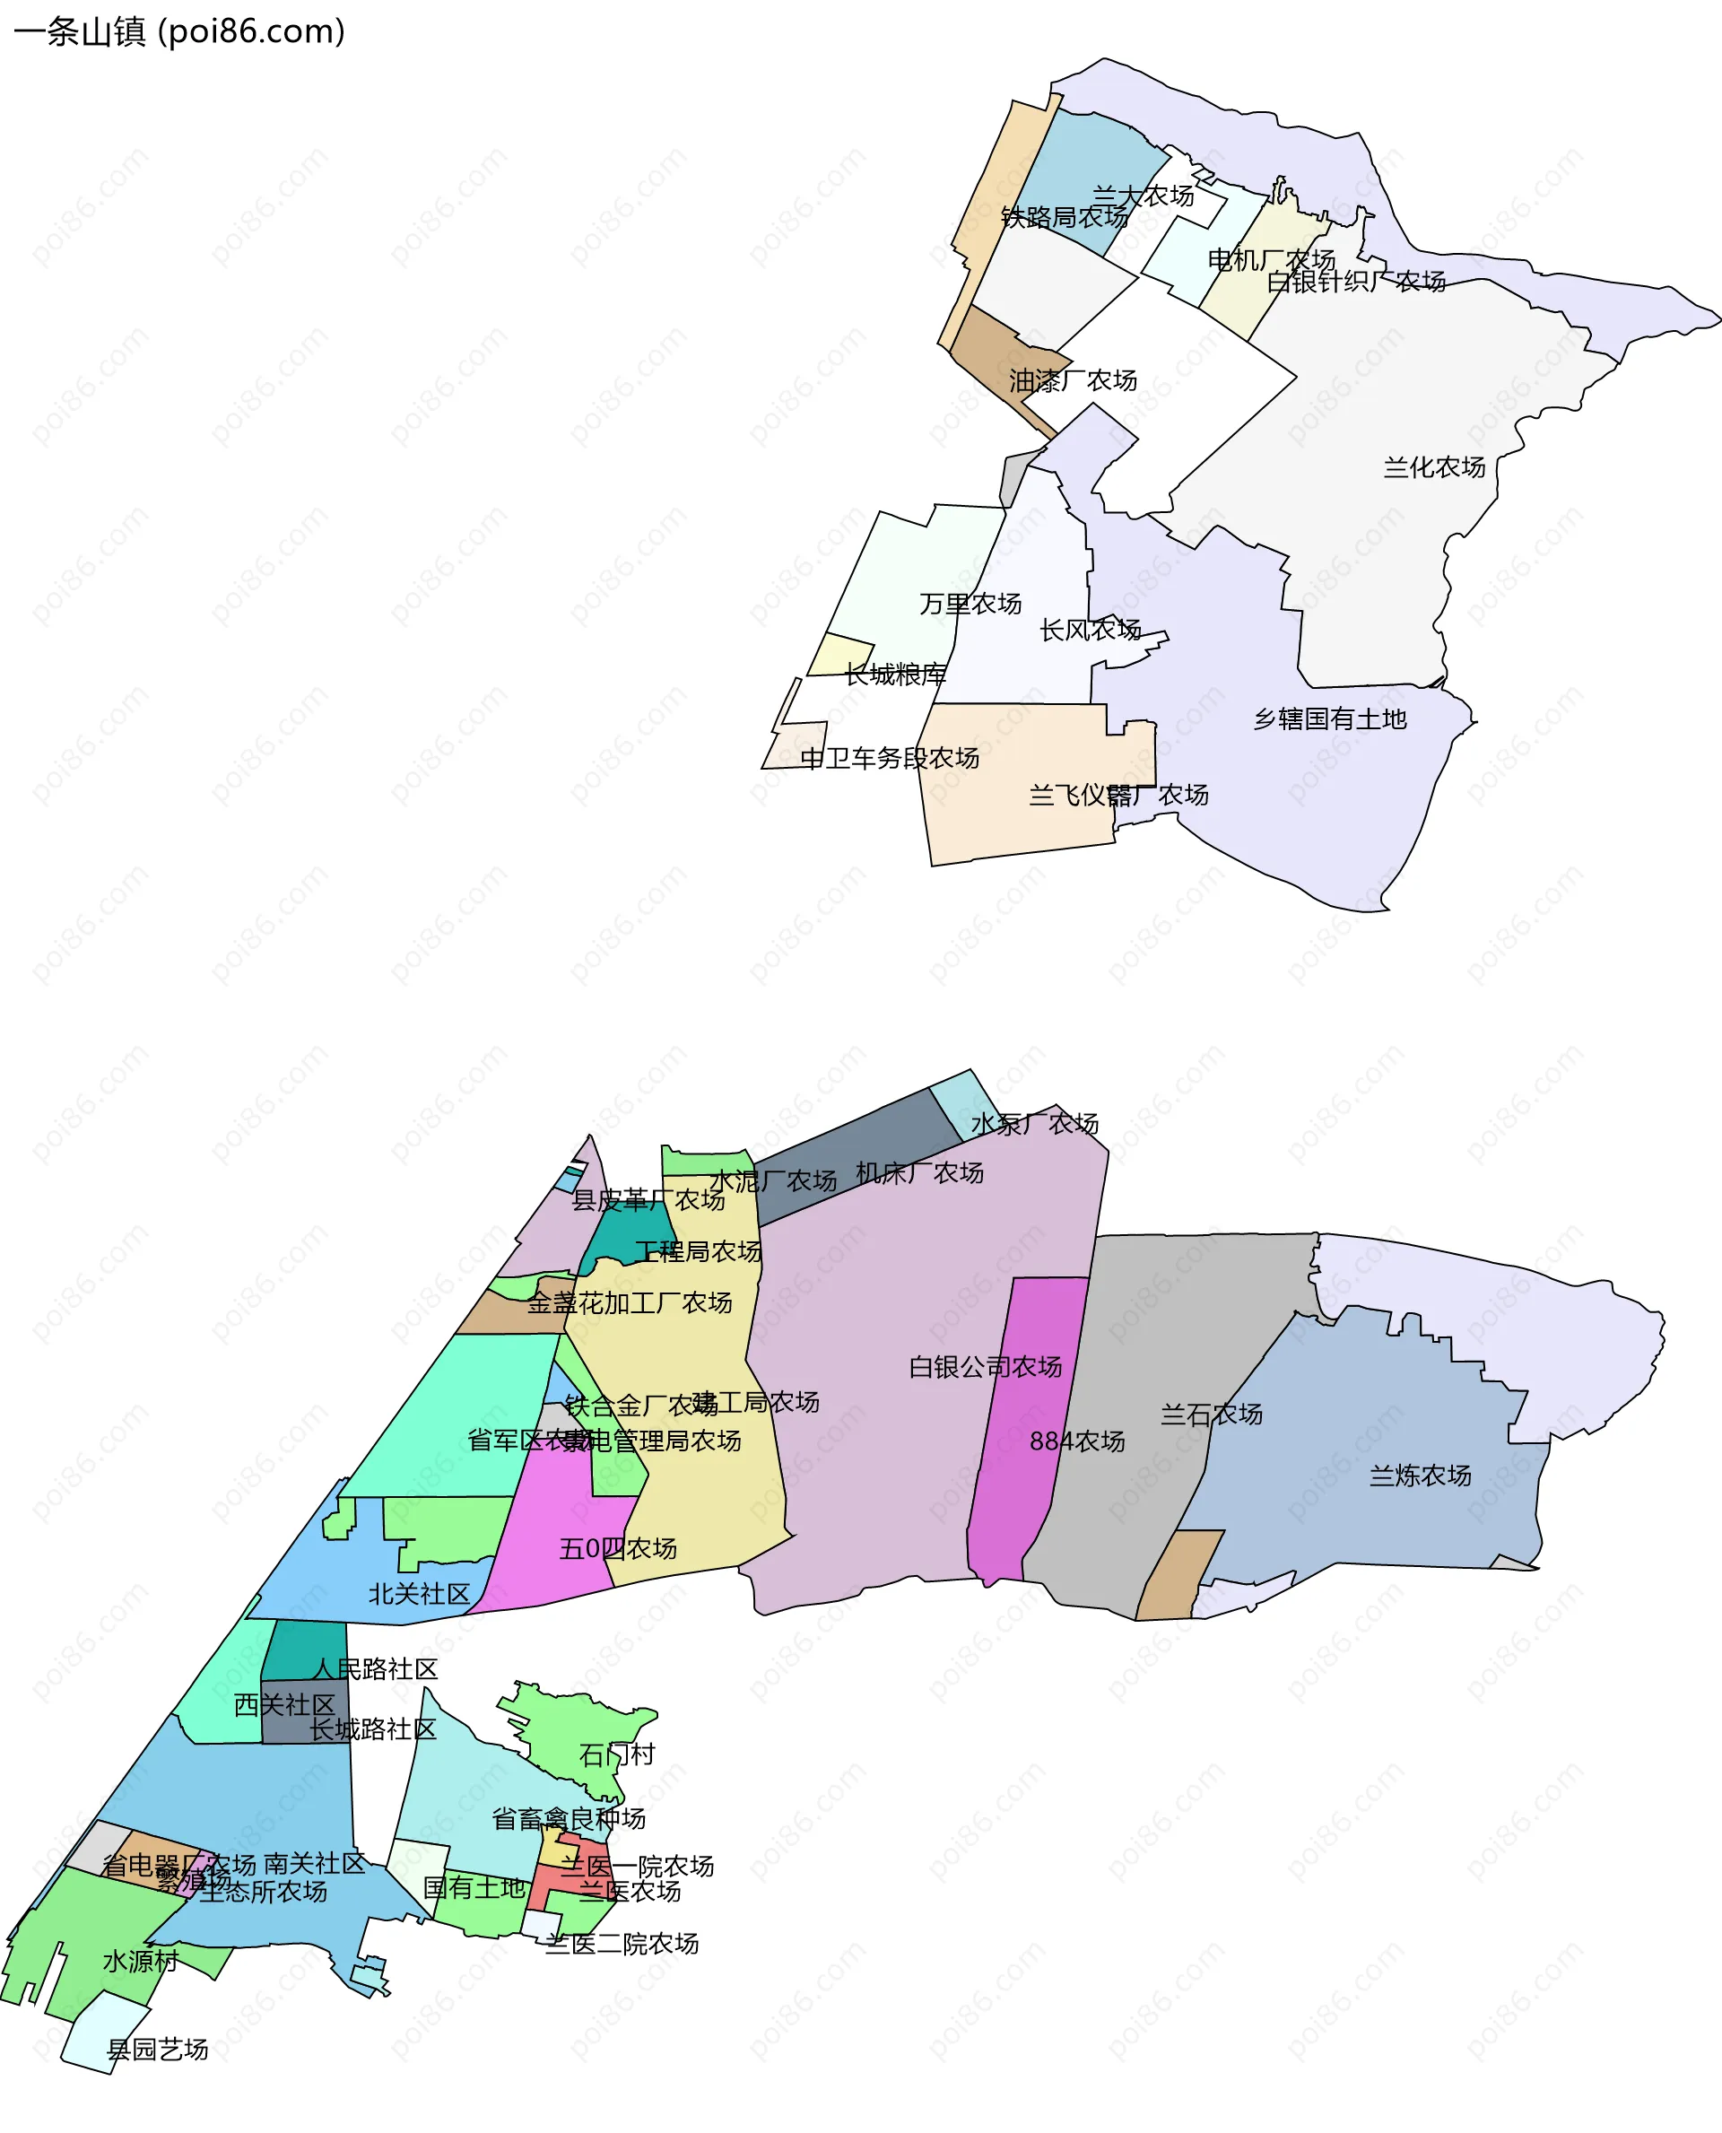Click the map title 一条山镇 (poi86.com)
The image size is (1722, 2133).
pos(179,31)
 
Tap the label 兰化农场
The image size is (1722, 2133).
pos(1434,467)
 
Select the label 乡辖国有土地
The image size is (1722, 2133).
pos(1330,719)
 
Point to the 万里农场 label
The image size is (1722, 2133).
pos(970,605)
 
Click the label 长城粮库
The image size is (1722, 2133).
pos(895,675)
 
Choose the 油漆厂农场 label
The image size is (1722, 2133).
pos(1074,381)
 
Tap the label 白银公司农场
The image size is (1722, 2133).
pos(985,1367)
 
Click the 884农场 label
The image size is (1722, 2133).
pos(1077,1441)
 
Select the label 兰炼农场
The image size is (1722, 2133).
pos(1421,1476)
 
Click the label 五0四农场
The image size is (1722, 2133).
pos(618,1549)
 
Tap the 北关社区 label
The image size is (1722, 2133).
pos(420,1594)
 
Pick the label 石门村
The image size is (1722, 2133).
pos(617,1755)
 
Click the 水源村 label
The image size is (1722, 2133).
pos(141,1962)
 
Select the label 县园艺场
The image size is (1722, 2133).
pos(158,2050)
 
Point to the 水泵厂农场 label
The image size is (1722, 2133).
pos(1035,1124)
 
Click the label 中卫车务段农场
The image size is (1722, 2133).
pos(890,759)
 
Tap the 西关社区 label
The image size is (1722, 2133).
pos(284,1704)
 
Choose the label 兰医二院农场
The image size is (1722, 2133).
pos(622,1944)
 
